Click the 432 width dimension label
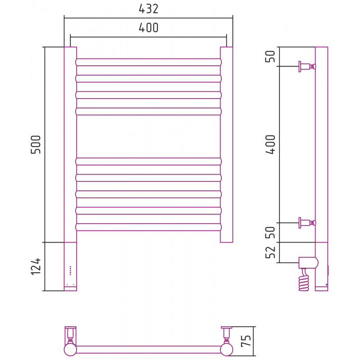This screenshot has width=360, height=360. (x=148, y=9)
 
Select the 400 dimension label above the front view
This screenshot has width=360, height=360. (x=148, y=28)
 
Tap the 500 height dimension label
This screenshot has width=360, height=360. (x=36, y=144)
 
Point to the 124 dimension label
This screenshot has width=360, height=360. (x=36, y=266)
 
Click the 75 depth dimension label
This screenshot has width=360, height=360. (x=246, y=341)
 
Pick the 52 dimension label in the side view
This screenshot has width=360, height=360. (x=270, y=252)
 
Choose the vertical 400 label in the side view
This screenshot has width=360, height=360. (x=270, y=144)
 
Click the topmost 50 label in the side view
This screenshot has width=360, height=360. (x=270, y=56)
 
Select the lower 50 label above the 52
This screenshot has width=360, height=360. (x=270, y=232)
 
